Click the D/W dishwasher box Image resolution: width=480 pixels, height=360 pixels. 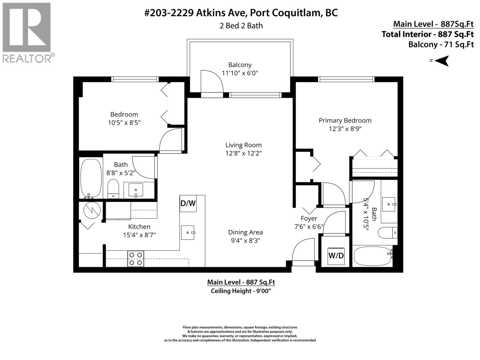point(188,203)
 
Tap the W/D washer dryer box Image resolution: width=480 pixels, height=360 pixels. point(336,256)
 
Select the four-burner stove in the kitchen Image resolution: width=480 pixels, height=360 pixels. point(135,259)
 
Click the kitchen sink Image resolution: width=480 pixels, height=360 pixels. point(188,232)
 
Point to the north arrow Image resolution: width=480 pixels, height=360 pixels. point(442,61)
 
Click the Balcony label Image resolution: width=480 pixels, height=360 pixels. point(240,65)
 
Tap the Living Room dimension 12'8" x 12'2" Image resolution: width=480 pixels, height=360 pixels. point(243,153)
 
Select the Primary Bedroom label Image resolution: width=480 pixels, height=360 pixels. point(345,120)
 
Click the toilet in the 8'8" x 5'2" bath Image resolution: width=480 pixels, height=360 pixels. point(113,189)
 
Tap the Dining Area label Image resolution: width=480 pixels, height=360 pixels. point(245,232)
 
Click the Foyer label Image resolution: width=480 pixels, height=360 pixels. point(309,218)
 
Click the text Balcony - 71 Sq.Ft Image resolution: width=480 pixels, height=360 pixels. point(441,45)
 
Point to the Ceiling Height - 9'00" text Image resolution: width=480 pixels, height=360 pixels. point(241,291)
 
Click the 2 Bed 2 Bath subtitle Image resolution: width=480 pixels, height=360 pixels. point(241,26)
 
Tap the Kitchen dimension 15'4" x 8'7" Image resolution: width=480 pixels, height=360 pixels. point(139,235)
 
